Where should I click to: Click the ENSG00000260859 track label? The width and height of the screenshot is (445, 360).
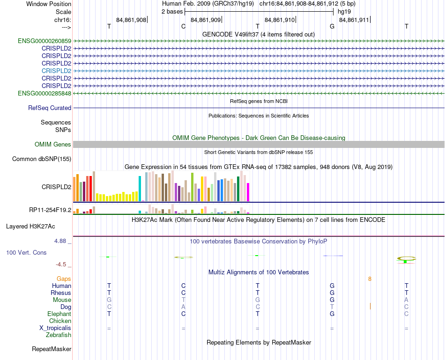pyautogui.click(x=44, y=41)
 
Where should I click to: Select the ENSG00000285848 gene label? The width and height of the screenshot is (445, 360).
pyautogui.click(x=44, y=93)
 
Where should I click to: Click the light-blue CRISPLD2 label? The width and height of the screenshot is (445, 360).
pyautogui.click(x=56, y=71)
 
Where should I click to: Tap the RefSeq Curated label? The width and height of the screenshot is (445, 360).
pyautogui.click(x=50, y=108)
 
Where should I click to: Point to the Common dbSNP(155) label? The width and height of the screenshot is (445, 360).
pyautogui.click(x=42, y=159)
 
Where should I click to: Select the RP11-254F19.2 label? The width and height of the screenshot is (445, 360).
pyautogui.click(x=50, y=210)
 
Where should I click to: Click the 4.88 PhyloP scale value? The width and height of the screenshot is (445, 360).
pyautogui.click(x=62, y=241)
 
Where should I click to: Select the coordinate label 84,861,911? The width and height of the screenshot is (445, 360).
pyautogui.click(x=354, y=20)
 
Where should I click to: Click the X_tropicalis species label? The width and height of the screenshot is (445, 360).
pyautogui.click(x=55, y=328)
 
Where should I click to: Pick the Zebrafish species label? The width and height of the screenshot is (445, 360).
pyautogui.click(x=59, y=335)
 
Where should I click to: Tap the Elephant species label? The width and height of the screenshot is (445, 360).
pyautogui.click(x=59, y=314)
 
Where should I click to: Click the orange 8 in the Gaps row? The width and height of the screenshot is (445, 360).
pyautogui.click(x=370, y=279)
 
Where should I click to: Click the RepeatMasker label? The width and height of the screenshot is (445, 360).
pyautogui.click(x=52, y=349)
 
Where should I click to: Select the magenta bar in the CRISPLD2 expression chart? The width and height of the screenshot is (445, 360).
pyautogui.click(x=248, y=192)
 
